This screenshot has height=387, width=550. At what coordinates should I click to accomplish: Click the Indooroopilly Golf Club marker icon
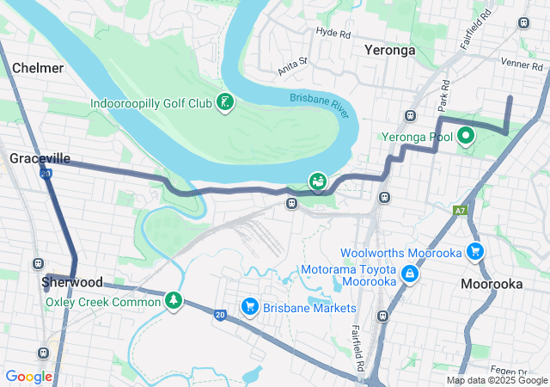coord(224,103)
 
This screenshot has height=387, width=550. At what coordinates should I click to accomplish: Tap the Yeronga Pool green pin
coord(466,135)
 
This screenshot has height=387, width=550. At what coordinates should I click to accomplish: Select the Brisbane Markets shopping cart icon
coord(250,307)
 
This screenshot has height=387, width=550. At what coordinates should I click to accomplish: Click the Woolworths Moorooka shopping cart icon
coord(474,252)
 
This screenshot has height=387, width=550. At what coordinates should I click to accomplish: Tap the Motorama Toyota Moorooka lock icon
coord(411,273)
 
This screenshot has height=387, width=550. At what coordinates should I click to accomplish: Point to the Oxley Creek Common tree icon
coord(174,300)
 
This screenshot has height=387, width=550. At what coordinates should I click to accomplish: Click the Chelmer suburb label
coord(38,67)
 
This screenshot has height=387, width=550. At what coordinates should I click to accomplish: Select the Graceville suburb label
coord(40,158)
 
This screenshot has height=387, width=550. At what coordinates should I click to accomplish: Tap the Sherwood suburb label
coord(72,282)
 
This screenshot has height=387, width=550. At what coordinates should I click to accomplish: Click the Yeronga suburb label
coord(389,50)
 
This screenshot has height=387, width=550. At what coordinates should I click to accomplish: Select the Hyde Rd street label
coord(334,34)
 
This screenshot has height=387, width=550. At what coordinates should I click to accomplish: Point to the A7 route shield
coord(461,210)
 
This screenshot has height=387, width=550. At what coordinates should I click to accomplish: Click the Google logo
coord(29,376)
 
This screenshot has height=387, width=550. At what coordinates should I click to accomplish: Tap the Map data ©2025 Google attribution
coord(496,380)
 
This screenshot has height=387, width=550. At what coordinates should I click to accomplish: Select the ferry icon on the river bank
coord(318,181)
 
